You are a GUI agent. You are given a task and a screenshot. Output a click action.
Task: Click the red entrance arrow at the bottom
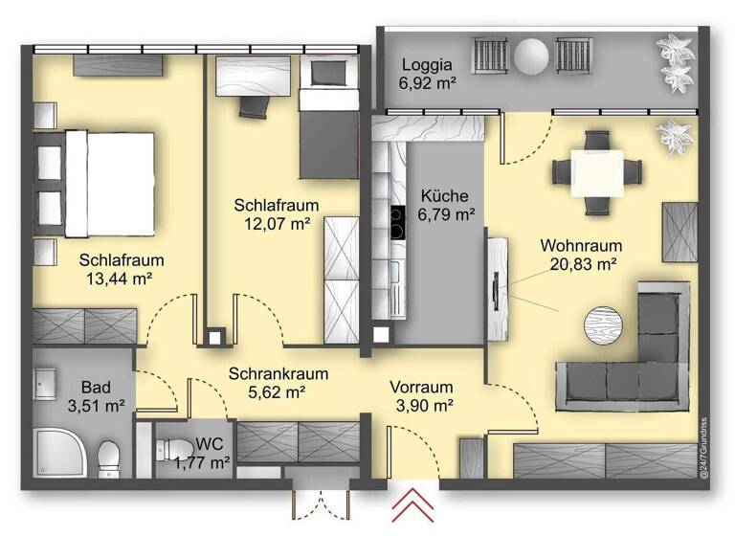pos(413,504)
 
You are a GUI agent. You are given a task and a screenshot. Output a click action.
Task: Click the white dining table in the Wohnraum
pos(596,172)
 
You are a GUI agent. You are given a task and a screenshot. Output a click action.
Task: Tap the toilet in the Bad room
pos(108,452)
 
